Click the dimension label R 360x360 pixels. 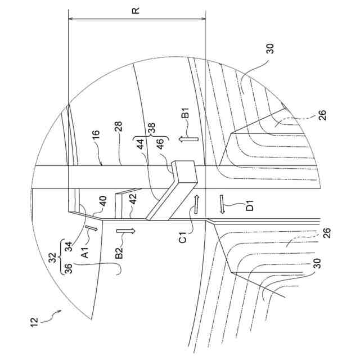coord(137,10)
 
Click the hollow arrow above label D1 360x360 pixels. coord(223,204)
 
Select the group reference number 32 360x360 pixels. coord(53,258)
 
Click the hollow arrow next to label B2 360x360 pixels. coord(126,231)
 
